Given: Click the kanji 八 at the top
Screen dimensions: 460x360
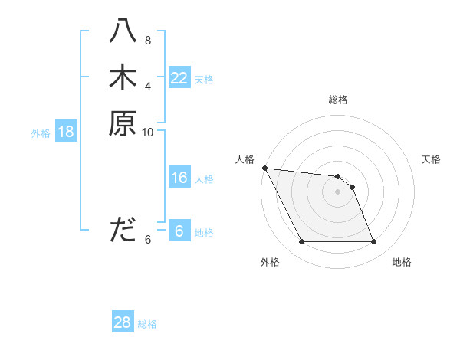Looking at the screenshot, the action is coord(123,33).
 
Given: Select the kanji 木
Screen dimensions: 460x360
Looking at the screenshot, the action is coord(123,77).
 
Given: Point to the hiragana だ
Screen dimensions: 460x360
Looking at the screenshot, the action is coord(123,230).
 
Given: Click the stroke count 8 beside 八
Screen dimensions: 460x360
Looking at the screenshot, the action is coord(148,41).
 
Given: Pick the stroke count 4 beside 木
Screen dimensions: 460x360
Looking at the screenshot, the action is coord(148,86).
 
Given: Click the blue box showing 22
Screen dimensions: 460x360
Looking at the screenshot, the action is coord(179,78).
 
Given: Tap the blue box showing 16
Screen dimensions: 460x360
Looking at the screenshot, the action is coord(179,178).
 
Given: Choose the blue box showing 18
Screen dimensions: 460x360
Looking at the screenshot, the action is coord(66,132).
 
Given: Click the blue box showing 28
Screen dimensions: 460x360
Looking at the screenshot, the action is coord(123,322).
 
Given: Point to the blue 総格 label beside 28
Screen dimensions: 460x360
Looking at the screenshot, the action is coord(147,324).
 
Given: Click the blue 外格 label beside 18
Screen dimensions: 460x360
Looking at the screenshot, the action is coord(41,133).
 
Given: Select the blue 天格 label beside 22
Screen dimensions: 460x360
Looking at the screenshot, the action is coord(204,80).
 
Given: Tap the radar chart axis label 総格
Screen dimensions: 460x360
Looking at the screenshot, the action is coord(338,100).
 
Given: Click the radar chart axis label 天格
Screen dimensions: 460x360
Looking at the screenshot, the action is coord(432,159).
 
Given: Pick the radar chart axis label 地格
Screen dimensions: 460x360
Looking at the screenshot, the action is coord(402,262).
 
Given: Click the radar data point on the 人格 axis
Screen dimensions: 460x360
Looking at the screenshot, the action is coord(264,168).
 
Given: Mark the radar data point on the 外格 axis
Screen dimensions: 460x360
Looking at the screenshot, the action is coord(301,242).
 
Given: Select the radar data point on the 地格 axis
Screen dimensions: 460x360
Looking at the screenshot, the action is coord(374,242).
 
